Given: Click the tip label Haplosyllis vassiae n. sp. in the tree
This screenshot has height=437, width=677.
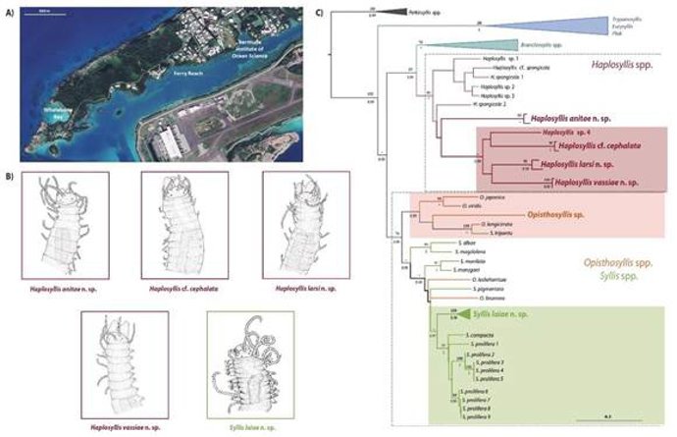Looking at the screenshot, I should click(x=593, y=183).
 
